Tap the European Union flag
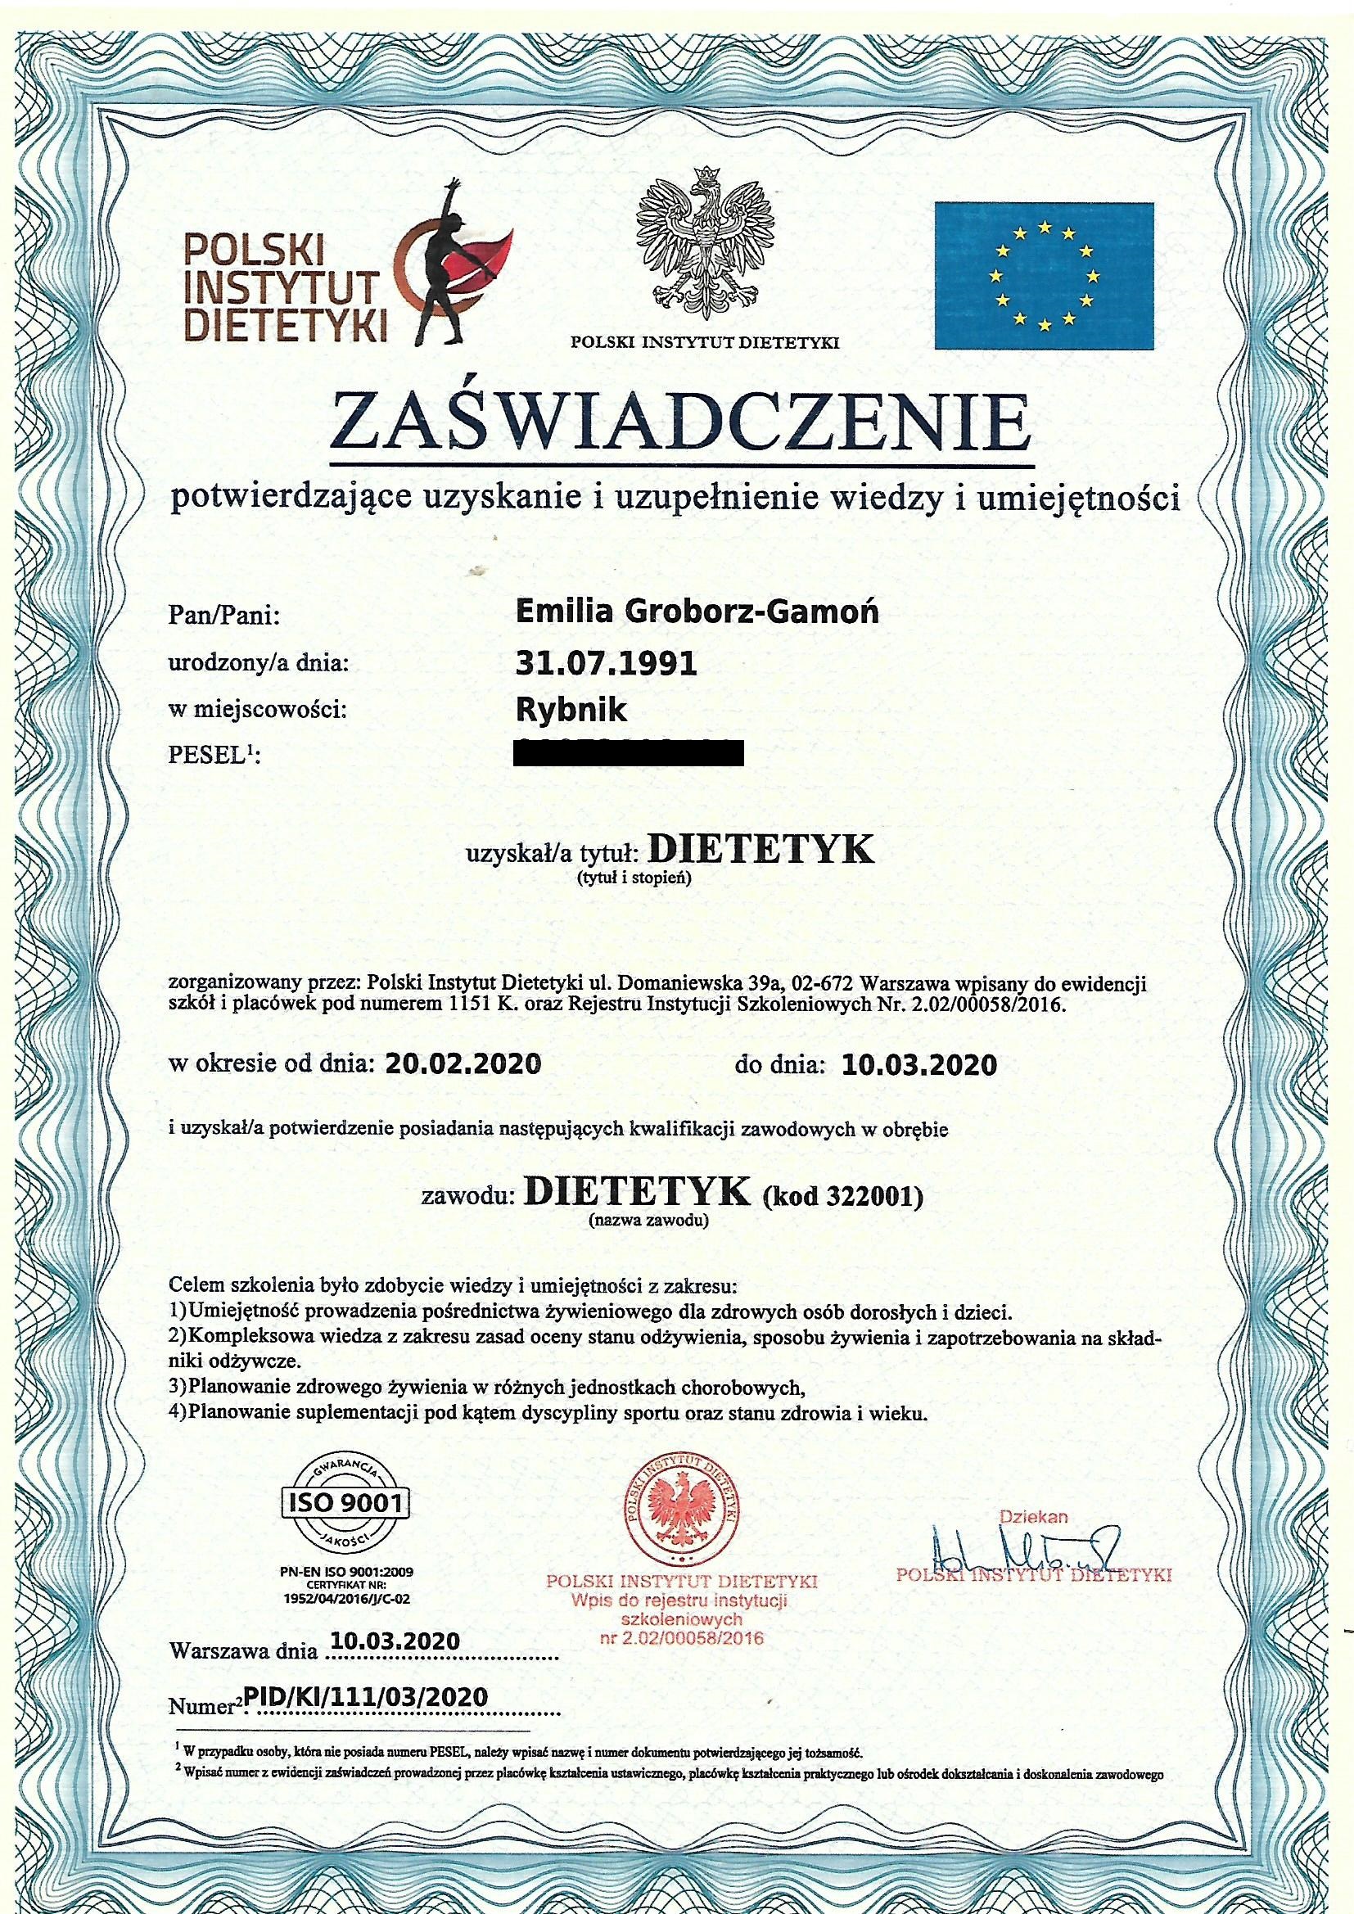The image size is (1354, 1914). pos(1044,275)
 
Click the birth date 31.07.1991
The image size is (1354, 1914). pos(606,664)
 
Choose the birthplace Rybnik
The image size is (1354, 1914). pos(571,711)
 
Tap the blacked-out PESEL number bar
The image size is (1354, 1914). pos(630,753)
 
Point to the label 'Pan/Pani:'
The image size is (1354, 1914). pos(224,617)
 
